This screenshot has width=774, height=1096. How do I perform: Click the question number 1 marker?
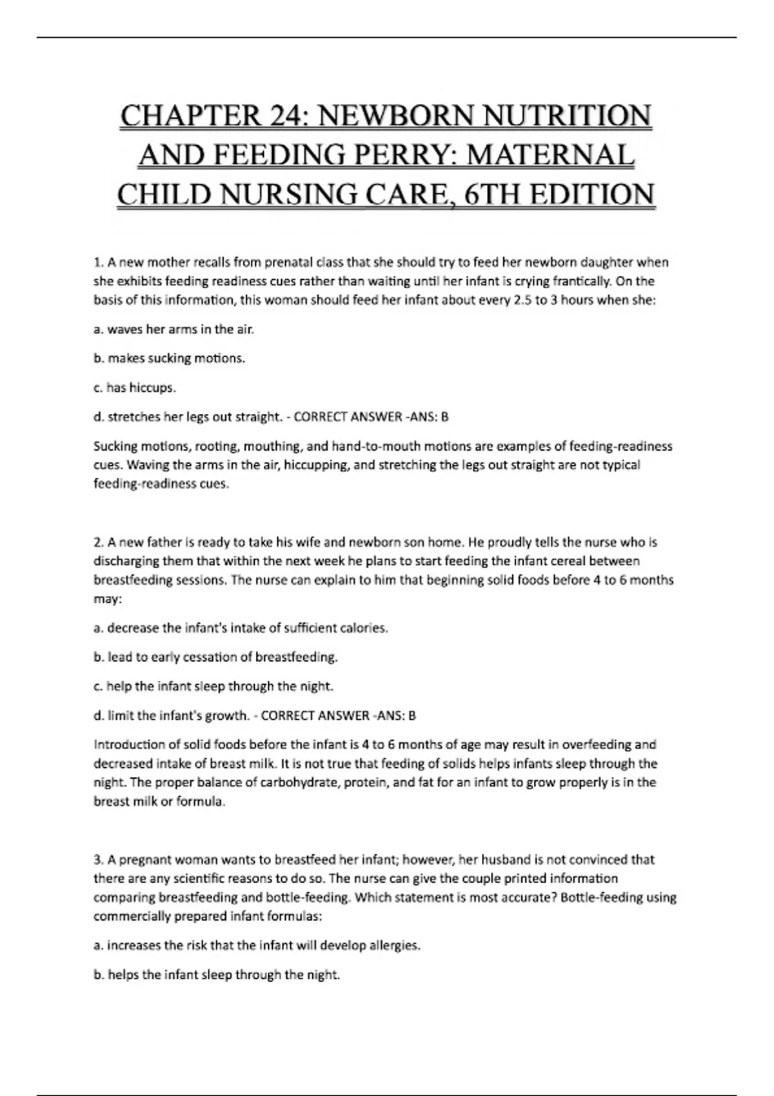98,262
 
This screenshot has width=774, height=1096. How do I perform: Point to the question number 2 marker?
98,542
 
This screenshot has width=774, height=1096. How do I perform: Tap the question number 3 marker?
98,859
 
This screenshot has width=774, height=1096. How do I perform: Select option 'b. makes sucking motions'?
170,358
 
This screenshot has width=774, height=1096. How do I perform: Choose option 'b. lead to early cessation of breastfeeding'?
216,658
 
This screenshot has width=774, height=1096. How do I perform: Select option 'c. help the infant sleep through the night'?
213,687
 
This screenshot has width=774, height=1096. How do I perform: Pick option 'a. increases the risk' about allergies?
257,946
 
